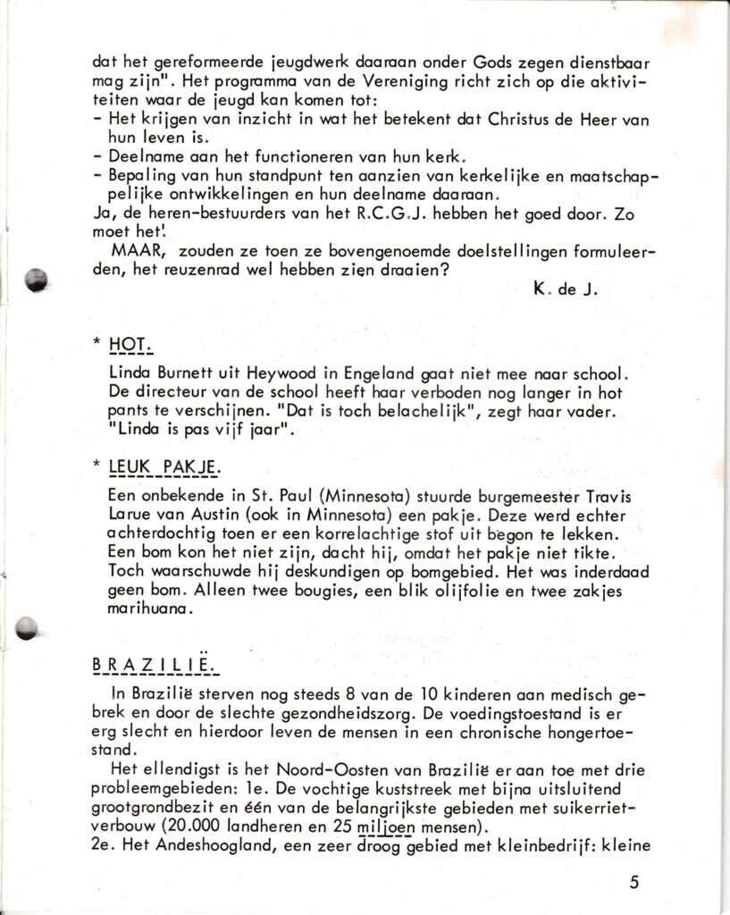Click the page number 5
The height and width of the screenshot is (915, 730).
pyautogui.click(x=634, y=883)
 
